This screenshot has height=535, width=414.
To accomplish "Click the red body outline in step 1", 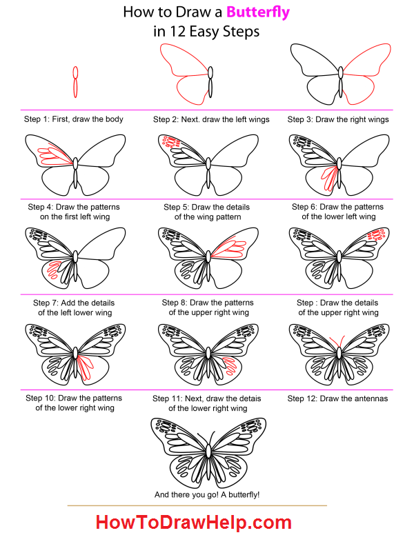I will [x=77, y=83].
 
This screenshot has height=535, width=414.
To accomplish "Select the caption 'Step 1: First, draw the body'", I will [x=74, y=119].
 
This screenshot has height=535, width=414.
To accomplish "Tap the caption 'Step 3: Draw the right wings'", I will [x=338, y=119].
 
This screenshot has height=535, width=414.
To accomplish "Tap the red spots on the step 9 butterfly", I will [x=376, y=236].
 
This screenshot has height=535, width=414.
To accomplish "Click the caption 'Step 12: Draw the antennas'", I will [x=337, y=398].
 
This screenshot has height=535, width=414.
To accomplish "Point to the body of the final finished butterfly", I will [x=208, y=452].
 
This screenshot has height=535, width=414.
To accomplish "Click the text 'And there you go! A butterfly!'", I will [x=208, y=495].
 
